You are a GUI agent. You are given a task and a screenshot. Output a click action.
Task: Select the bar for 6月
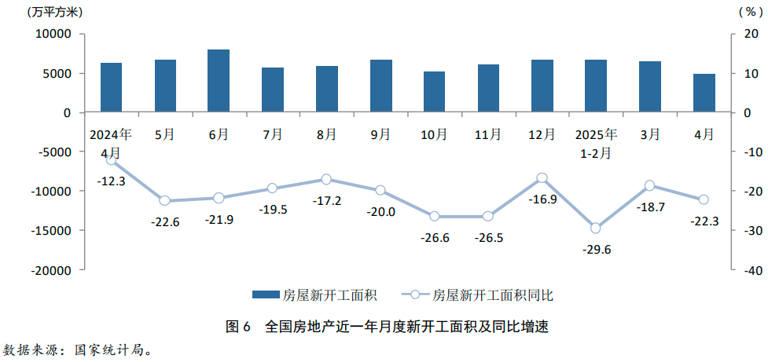[219, 81]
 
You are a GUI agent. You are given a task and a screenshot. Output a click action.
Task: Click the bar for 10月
[434, 92]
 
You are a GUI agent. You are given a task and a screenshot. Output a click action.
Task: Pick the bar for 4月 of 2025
[704, 93]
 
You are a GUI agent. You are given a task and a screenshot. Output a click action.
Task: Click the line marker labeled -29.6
[596, 228]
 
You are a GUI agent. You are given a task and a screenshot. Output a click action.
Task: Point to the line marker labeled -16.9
[542, 178]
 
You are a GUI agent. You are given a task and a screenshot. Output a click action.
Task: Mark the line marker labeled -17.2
[327, 180]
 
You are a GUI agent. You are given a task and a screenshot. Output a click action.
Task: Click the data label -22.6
[165, 222]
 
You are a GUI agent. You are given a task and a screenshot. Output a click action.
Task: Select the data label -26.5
[488, 238]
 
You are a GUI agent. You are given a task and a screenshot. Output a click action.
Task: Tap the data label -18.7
[649, 207]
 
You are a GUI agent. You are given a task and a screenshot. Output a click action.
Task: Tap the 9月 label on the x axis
[380, 134]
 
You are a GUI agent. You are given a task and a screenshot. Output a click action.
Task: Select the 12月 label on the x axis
[542, 134]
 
